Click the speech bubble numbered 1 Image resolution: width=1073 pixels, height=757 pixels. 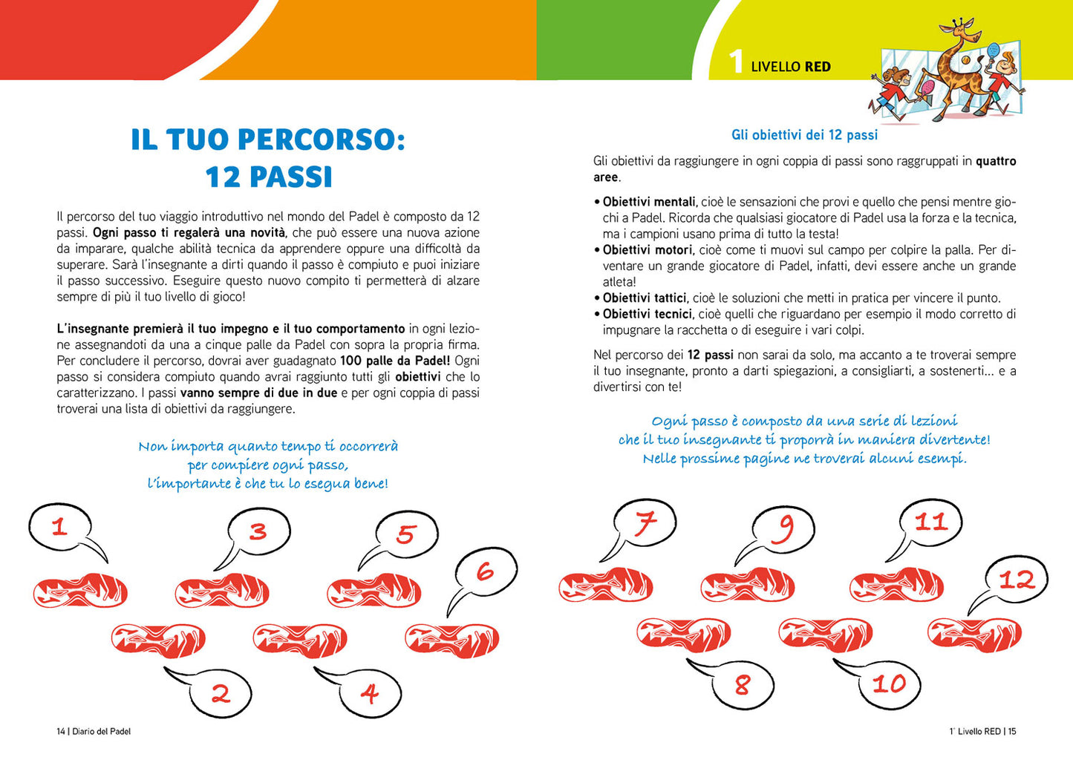[x=59, y=527]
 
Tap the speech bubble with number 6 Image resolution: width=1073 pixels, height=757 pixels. [x=486, y=571]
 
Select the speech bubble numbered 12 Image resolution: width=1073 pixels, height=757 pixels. [x=1017, y=580]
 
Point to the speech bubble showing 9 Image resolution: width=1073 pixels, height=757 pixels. [x=784, y=528]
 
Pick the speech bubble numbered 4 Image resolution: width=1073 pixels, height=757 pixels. [x=369, y=693]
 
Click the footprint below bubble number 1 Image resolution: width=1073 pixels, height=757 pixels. [x=80, y=591]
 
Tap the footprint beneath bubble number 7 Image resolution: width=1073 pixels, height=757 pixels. [x=605, y=586]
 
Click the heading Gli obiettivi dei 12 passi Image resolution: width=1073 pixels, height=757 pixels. [x=804, y=135]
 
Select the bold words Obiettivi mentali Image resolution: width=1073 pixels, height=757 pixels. [x=649, y=202]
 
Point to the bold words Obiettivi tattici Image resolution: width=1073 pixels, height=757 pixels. [x=644, y=298]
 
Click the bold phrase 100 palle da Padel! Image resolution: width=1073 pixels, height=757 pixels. [x=395, y=361]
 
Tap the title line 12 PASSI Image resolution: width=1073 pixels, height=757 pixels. [x=268, y=177]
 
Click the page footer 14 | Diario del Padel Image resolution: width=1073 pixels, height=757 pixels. [x=94, y=732]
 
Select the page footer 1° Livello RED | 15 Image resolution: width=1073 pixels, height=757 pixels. [x=982, y=732]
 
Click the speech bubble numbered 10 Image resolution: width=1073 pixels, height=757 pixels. [x=888, y=684]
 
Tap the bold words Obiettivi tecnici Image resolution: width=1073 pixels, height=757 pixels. [x=647, y=314]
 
